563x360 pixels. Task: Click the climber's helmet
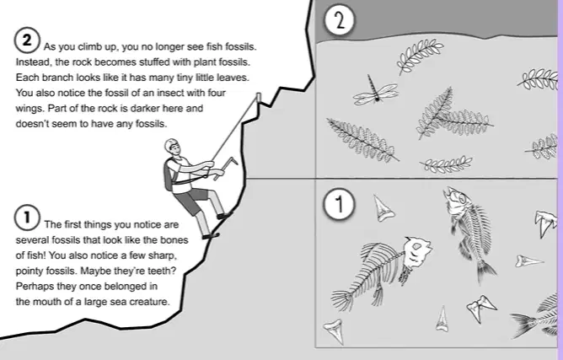pyautogui.click(x=171, y=145)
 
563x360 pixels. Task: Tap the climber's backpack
pyautogui.click(x=169, y=175)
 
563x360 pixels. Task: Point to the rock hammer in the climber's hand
pyautogui.click(x=226, y=167)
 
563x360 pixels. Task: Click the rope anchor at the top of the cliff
pyautogui.click(x=258, y=97)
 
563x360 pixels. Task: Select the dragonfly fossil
pyautogui.click(x=375, y=93)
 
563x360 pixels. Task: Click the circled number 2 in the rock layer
pyautogui.click(x=339, y=20)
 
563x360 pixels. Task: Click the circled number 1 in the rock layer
pyautogui.click(x=339, y=204)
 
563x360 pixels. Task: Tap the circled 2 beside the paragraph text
pyautogui.click(x=27, y=40)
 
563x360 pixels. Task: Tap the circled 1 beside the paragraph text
pyautogui.click(x=27, y=218)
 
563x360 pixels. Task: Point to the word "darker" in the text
pyautogui.click(x=146, y=108)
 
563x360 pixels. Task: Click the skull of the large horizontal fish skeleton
pyautogui.click(x=416, y=252)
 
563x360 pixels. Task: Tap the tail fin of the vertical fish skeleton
pyautogui.click(x=486, y=270)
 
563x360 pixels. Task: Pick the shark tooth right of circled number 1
pyautogui.click(x=383, y=208)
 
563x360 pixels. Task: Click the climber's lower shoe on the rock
pyautogui.click(x=211, y=236)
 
